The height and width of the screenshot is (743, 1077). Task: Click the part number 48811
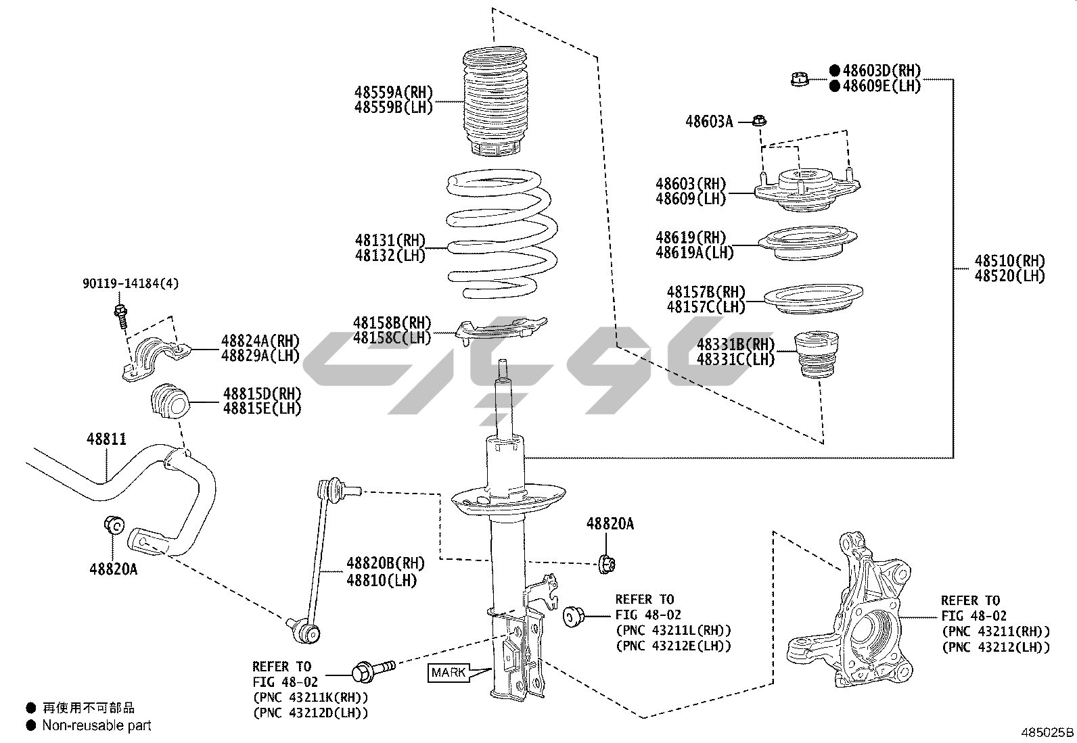[x=106, y=439]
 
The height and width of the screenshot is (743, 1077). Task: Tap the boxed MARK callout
[x=449, y=672]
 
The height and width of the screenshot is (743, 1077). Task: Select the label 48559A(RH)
[x=393, y=92]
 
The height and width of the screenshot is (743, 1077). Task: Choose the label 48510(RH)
[x=1009, y=261]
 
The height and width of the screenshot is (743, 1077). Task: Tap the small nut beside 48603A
[x=759, y=122]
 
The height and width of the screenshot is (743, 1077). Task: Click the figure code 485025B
[x=1047, y=732]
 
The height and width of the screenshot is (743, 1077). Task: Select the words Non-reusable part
[x=97, y=725]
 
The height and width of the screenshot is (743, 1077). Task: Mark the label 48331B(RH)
[x=735, y=344]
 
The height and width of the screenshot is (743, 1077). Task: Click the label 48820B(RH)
[x=386, y=563]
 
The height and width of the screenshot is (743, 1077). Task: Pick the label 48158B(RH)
[x=392, y=322]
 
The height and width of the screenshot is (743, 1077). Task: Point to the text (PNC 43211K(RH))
[x=311, y=696]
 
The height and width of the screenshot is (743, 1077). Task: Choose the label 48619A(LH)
[x=694, y=252]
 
